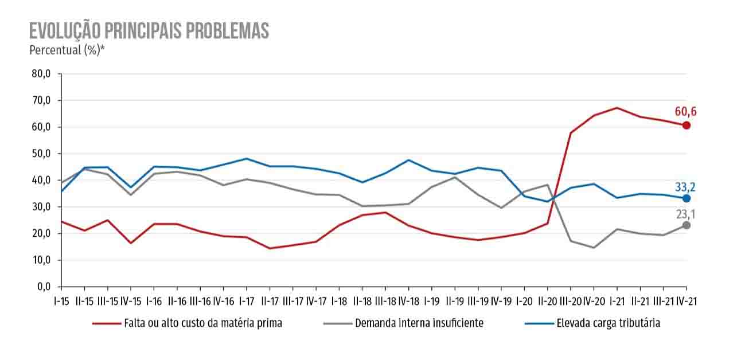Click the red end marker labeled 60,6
click(686, 125)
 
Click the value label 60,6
click(685, 112)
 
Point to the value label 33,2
click(685, 186)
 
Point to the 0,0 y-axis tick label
click(42, 287)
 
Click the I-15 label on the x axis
click(61, 301)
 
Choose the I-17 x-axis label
click(246, 301)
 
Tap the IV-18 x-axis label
click(408, 301)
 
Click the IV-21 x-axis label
click(686, 301)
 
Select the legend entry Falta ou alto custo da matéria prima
click(202, 323)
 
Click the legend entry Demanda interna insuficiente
click(419, 323)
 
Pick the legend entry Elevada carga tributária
click(608, 323)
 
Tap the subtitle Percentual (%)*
click(67, 50)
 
